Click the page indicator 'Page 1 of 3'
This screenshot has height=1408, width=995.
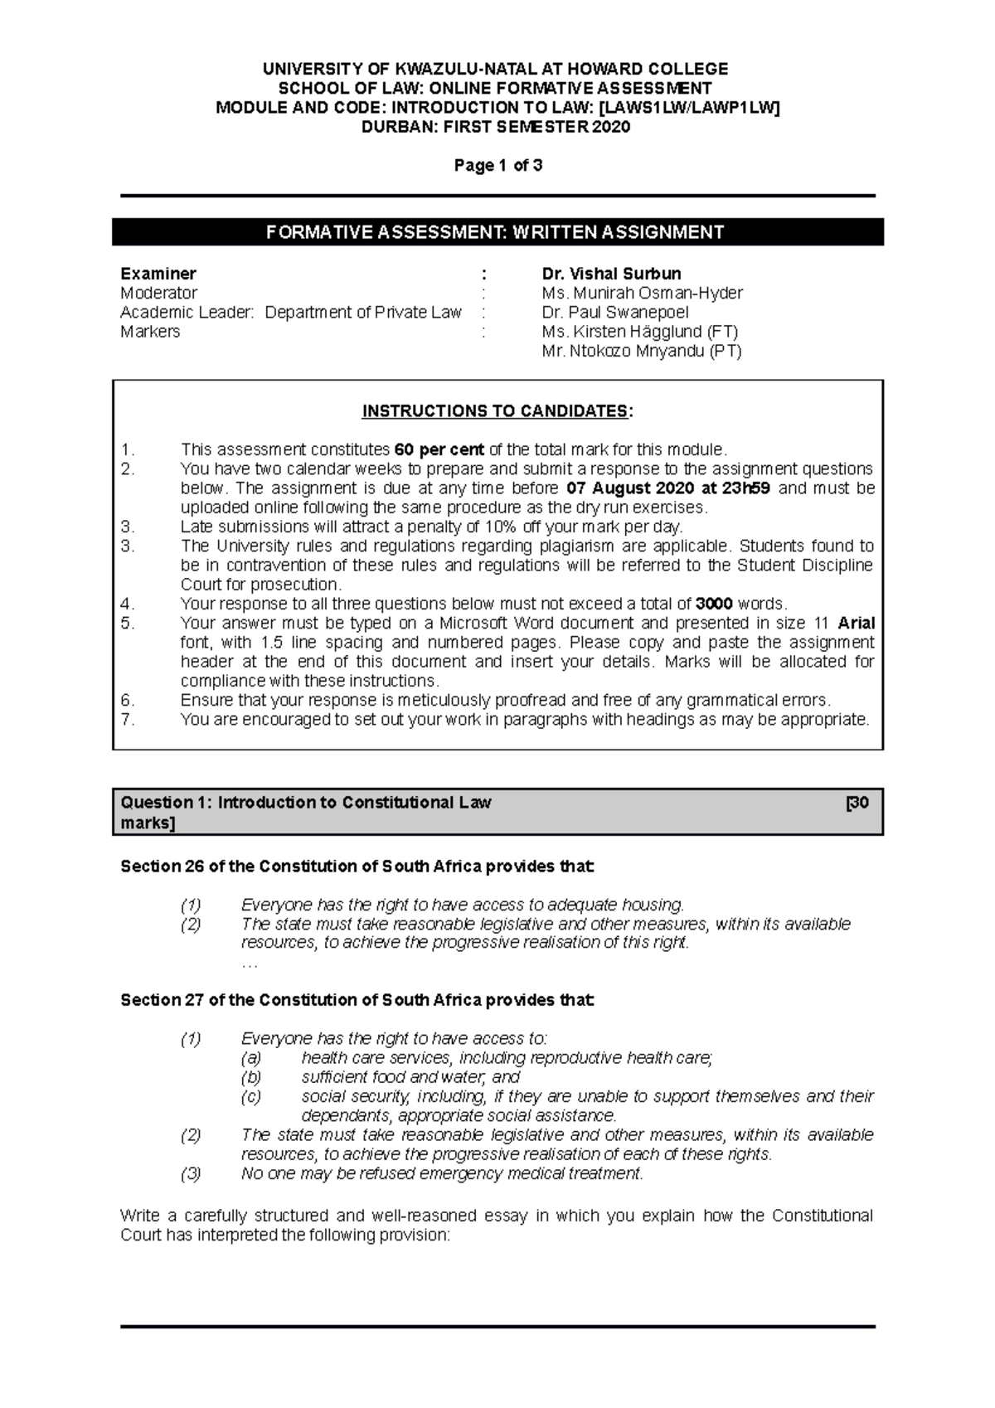(498, 165)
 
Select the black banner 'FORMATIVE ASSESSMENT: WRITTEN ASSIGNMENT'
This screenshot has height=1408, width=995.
(498, 232)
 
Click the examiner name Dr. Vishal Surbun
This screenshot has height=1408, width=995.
(611, 274)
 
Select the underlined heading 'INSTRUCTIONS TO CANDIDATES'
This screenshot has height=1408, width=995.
(496, 411)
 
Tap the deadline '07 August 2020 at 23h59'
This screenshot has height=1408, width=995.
(667, 488)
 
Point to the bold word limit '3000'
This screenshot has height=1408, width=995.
(714, 604)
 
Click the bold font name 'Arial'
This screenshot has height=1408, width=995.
(857, 623)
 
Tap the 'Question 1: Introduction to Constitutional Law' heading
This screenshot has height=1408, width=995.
(306, 803)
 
